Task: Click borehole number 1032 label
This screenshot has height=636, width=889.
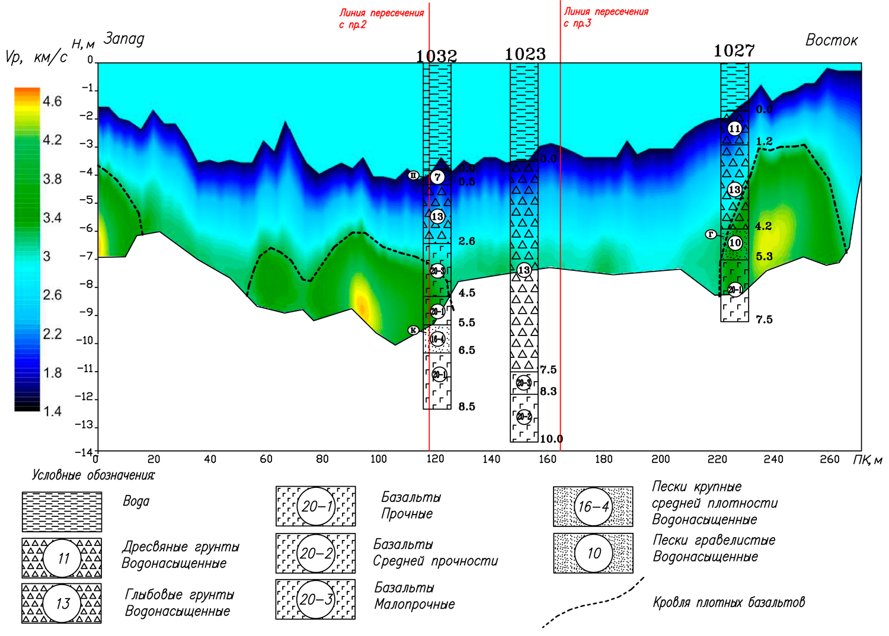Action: tap(436, 56)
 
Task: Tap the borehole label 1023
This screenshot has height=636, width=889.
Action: tap(525, 54)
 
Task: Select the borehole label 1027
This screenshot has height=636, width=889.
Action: tap(734, 51)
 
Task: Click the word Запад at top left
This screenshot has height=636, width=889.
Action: tap(124, 39)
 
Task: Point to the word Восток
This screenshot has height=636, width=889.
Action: tap(831, 40)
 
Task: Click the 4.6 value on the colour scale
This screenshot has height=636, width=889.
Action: tap(52, 101)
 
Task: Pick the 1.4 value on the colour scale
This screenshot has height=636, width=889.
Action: tap(52, 411)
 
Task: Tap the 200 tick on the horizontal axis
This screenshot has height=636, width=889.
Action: tap(660, 459)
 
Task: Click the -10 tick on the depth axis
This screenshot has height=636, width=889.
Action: tap(85, 341)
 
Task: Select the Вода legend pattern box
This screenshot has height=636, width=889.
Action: tap(62, 511)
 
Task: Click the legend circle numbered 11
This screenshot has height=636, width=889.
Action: tap(63, 558)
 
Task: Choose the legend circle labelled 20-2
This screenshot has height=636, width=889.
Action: tap(316, 553)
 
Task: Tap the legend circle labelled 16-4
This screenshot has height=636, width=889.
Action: tap(593, 507)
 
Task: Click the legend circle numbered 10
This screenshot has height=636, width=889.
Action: tap(593, 553)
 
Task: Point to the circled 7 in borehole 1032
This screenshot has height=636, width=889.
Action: tap(437, 177)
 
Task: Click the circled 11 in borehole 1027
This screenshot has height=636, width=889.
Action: tap(734, 129)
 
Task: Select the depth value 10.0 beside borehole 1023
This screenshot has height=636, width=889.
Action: tap(551, 439)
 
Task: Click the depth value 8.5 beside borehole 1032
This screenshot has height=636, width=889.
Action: tap(466, 407)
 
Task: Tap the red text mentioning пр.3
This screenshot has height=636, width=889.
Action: tap(605, 17)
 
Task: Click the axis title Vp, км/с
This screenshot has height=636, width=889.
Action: tap(36, 57)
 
